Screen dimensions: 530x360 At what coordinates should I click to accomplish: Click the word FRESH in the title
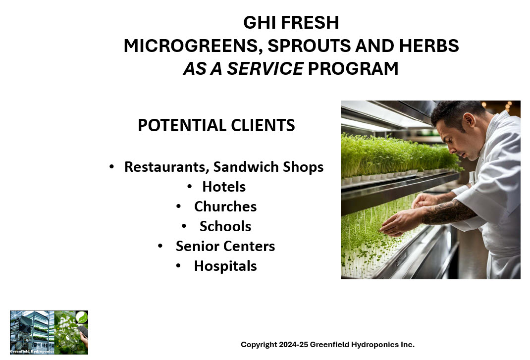click(310, 23)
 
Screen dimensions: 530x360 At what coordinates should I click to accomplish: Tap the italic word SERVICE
click(265, 69)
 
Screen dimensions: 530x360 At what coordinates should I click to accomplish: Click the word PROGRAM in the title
click(353, 69)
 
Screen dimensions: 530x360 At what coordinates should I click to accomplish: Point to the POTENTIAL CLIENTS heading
click(216, 125)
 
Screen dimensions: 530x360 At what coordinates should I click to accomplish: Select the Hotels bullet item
click(224, 187)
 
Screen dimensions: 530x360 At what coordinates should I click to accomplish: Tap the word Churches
click(225, 206)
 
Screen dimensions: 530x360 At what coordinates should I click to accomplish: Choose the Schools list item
click(225, 226)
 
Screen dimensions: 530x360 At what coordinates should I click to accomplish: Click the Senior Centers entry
click(225, 246)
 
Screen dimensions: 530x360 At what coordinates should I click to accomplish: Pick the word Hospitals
click(225, 266)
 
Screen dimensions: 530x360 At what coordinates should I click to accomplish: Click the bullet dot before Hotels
click(190, 186)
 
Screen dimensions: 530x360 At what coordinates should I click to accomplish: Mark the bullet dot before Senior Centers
click(160, 246)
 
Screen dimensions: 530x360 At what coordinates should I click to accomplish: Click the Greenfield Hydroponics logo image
click(49, 332)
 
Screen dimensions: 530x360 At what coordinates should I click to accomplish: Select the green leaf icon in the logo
click(81, 317)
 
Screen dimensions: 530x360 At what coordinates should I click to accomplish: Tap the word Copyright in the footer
click(259, 345)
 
